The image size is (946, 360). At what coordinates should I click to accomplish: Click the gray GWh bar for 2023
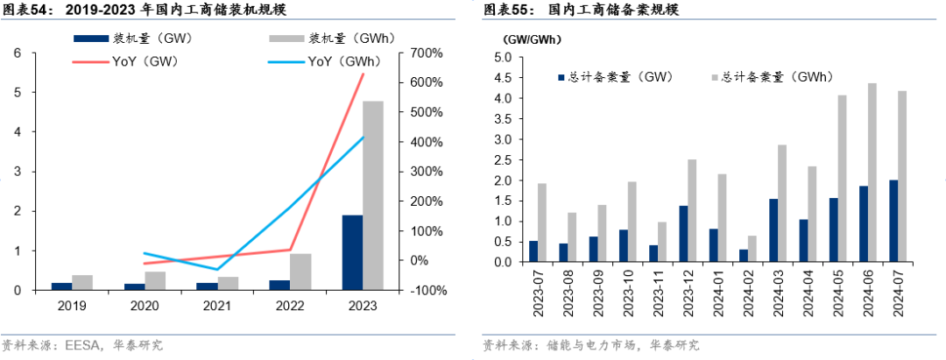coord(373,195)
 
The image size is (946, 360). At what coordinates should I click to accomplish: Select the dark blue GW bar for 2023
coord(352,252)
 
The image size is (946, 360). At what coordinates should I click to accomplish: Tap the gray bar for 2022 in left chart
coord(300,272)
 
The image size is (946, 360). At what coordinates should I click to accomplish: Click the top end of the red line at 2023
coord(363,74)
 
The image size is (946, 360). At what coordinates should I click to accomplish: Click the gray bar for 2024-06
coord(872,173)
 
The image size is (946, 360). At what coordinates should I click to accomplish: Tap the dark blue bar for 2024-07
coord(893,221)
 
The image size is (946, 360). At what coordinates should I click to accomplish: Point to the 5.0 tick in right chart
coord(503,58)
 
